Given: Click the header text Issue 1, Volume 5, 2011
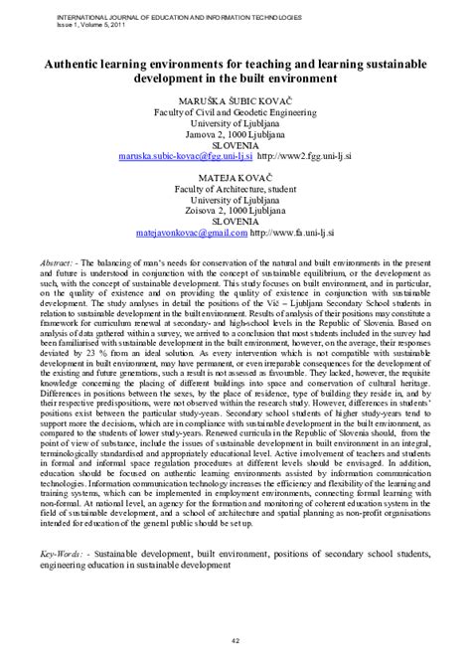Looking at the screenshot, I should click(x=75, y=25).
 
